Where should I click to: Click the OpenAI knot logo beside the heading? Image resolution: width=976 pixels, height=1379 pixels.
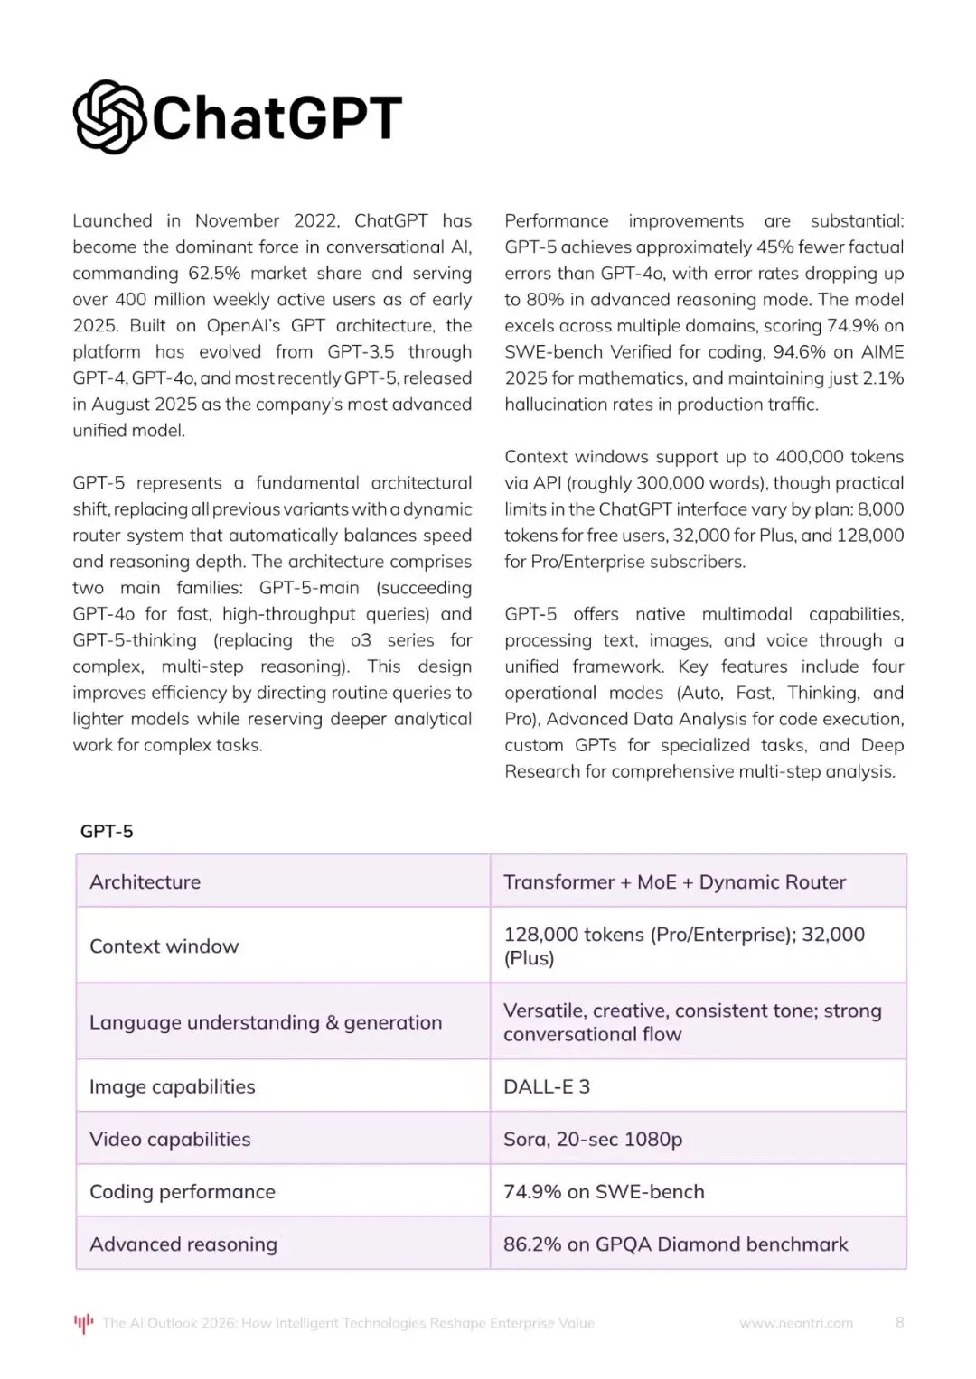point(108,117)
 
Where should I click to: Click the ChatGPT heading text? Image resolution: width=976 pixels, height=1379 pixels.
point(277,117)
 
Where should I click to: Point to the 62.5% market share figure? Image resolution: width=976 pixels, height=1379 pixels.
point(214,274)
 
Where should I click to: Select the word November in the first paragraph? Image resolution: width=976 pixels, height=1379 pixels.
point(237,221)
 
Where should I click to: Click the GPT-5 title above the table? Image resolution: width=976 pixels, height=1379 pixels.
point(107,832)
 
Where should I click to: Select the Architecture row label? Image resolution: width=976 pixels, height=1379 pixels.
point(145,882)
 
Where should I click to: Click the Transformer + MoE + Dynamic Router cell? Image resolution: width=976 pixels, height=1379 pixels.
point(674,882)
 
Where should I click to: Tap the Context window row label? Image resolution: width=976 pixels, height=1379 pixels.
point(164,946)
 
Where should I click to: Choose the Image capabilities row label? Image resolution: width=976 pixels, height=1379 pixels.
point(173,1087)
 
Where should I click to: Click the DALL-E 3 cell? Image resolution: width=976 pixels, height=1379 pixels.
point(547,1087)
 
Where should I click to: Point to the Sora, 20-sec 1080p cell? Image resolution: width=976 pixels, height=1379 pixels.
point(593,1140)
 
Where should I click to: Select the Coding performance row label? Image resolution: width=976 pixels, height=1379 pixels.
point(183,1192)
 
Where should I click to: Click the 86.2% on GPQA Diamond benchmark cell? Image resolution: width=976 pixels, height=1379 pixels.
point(676,1244)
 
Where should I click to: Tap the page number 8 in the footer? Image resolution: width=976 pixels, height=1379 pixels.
point(899,1322)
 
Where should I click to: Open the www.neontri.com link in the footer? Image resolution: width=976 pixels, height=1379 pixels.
point(796,1323)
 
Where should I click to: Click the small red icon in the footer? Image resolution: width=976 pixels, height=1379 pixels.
point(83,1323)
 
